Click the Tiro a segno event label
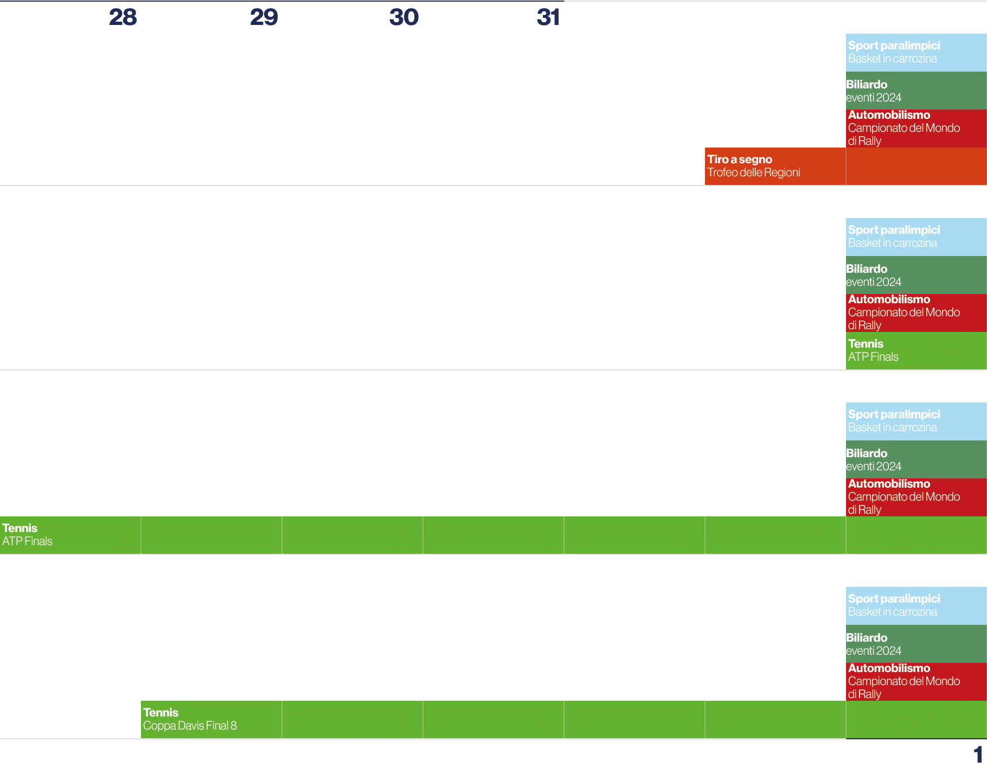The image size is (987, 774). (x=753, y=166)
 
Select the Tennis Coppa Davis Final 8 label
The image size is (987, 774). (x=190, y=719)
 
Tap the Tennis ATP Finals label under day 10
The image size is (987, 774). (x=874, y=350)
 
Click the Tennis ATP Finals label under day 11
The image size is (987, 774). (x=28, y=535)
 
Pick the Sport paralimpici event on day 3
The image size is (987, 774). (x=894, y=52)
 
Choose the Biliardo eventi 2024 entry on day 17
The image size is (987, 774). (x=874, y=459)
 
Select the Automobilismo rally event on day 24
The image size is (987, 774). (x=903, y=681)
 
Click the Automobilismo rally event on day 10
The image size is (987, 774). (x=903, y=312)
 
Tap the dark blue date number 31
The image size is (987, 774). (x=548, y=17)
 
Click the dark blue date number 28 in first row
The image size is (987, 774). (x=123, y=17)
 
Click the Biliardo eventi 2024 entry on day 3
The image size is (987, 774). (x=874, y=91)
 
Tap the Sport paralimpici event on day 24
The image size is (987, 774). (x=894, y=605)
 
